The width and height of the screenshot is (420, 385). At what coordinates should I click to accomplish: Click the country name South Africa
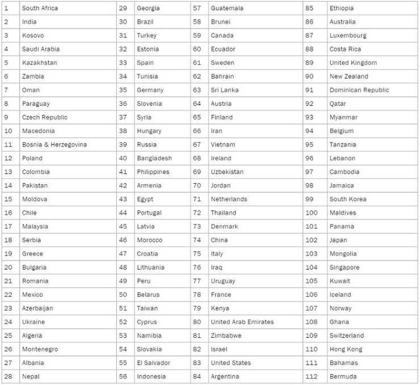tap(40, 9)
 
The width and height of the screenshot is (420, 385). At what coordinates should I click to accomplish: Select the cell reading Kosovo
tap(32, 36)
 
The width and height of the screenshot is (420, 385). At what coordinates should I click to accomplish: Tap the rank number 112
tap(312, 376)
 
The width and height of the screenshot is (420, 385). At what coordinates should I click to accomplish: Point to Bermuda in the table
tap(343, 376)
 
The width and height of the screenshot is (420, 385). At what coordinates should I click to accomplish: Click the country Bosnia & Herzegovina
tap(54, 145)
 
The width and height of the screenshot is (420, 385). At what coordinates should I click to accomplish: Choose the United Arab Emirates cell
tap(242, 322)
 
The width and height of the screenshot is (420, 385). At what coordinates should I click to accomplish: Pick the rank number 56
tap(123, 376)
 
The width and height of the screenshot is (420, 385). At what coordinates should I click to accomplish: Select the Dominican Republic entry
tap(359, 90)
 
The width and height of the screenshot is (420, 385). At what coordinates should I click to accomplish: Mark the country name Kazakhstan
tap(39, 63)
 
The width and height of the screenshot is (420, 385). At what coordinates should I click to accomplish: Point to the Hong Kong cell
tap(346, 349)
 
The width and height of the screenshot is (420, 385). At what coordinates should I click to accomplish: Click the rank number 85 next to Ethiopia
tap(310, 9)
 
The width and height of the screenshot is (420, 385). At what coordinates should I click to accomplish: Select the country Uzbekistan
tap(227, 172)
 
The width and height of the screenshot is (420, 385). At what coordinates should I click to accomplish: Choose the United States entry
tap(230, 363)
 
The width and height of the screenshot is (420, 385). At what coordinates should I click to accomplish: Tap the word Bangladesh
tap(154, 158)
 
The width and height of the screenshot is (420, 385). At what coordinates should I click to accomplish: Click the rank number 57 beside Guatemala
tap(197, 9)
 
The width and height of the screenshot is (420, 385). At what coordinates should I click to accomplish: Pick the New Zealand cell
tap(348, 77)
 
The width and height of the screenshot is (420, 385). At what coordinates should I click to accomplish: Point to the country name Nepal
tap(31, 376)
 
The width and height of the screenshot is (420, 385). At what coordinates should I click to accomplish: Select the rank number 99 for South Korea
tap(310, 199)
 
